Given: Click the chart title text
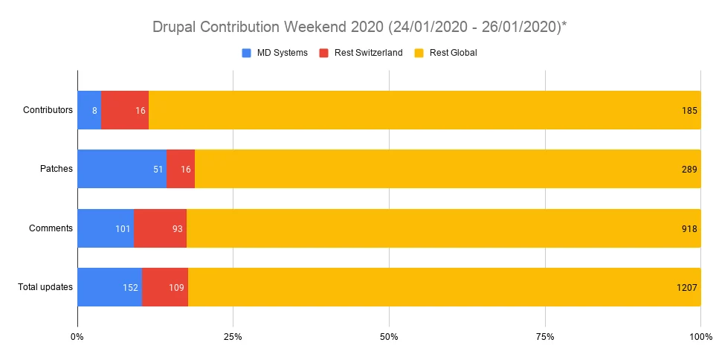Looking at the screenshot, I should pos(360,28).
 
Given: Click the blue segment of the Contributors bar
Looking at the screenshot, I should pos(88,110).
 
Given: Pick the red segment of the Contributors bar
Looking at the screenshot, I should pos(124,110).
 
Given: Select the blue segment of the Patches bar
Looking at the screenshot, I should pos(121,169).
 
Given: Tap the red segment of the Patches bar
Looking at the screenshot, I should pos(181,169).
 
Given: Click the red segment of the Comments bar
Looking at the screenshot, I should pos(160,228).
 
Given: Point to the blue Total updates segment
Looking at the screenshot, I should pos(109,287).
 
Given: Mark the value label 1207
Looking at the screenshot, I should pos(686,287).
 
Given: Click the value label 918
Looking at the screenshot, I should pos(689,228).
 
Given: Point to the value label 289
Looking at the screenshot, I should pos(689,169).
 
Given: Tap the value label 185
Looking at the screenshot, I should pos(689,110).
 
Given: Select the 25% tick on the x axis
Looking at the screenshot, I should pos(233,337).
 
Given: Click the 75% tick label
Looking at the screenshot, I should pos(545,337).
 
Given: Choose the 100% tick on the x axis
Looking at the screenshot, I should pos(700,337).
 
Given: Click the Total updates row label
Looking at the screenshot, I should pos(45,287).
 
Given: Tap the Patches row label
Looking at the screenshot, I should pos(57,169).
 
